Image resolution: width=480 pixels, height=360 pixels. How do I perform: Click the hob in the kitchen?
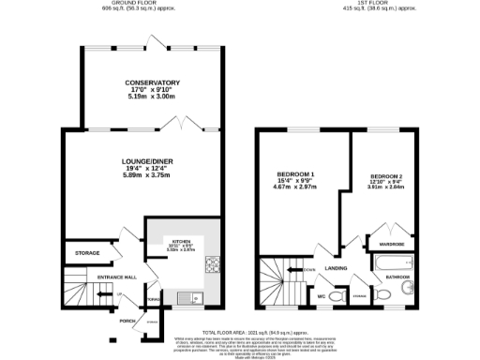[213, 265]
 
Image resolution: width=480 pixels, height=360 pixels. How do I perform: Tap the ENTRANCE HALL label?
[118, 277]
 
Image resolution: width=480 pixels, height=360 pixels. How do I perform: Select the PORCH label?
[128, 320]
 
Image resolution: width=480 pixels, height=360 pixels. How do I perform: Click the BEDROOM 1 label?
[295, 175]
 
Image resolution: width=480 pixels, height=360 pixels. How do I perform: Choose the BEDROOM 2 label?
[386, 176]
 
